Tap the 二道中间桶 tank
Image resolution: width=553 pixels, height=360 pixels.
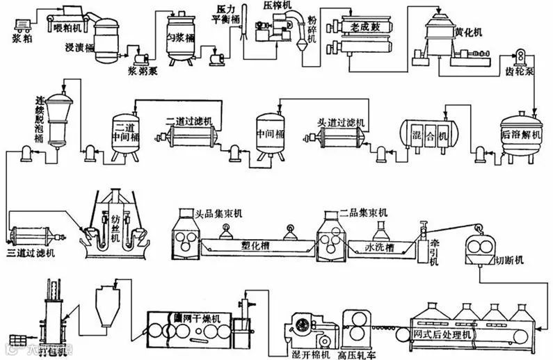tap(127, 132)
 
